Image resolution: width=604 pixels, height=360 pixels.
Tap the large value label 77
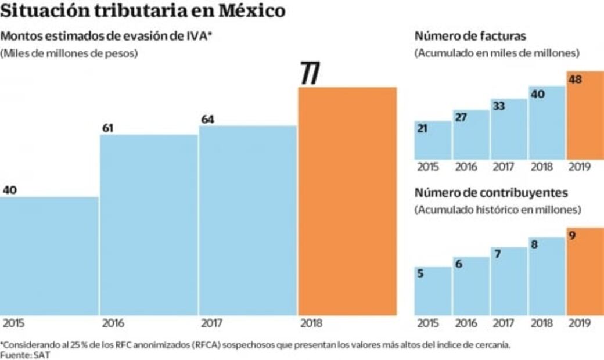pyautogui.click(x=310, y=74)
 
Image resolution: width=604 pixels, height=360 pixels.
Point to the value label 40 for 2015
pyautogui.click(x=10, y=190)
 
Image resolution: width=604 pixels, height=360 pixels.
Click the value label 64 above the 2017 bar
pyautogui.click(x=208, y=120)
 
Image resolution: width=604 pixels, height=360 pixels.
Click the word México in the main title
pyautogui.click(x=251, y=11)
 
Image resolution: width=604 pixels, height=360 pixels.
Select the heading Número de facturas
pyautogui.click(x=470, y=36)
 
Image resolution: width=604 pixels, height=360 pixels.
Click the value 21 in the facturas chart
pyautogui.click(x=423, y=128)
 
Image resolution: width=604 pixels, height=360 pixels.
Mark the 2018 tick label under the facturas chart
pyautogui.click(x=542, y=167)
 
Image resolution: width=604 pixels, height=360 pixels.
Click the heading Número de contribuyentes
pyautogui.click(x=491, y=193)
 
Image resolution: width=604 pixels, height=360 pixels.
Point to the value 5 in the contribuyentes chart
pyautogui.click(x=420, y=274)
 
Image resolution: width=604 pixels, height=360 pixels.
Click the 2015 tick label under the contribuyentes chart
pyautogui.click(x=427, y=323)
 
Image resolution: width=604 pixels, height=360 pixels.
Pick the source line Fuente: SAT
pyautogui.click(x=17, y=354)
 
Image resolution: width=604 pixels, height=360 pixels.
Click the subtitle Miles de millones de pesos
pyautogui.click(x=69, y=53)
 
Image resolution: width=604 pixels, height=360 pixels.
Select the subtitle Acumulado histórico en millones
pyautogui.click(x=498, y=209)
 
